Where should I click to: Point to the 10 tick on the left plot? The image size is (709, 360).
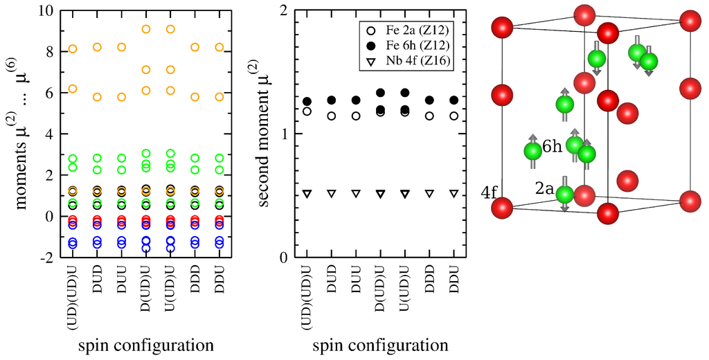pyautogui.click(x=45, y=12)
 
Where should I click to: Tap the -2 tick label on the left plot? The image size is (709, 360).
pyautogui.click(x=46, y=258)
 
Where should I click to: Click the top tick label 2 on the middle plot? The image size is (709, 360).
pyautogui.click(x=284, y=12)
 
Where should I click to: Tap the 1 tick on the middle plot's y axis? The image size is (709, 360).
pyautogui.click(x=284, y=134)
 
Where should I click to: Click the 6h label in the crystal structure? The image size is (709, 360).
pyautogui.click(x=552, y=147)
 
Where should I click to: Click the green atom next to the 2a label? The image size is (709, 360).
pyautogui.click(x=564, y=196)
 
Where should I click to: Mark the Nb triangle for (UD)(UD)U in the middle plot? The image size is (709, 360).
pyautogui.click(x=307, y=194)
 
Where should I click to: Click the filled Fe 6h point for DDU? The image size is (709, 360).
pyautogui.click(x=454, y=100)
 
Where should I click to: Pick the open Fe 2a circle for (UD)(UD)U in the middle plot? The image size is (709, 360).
pyautogui.click(x=307, y=111)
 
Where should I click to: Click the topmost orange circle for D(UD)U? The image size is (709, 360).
pyautogui.click(x=146, y=29)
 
